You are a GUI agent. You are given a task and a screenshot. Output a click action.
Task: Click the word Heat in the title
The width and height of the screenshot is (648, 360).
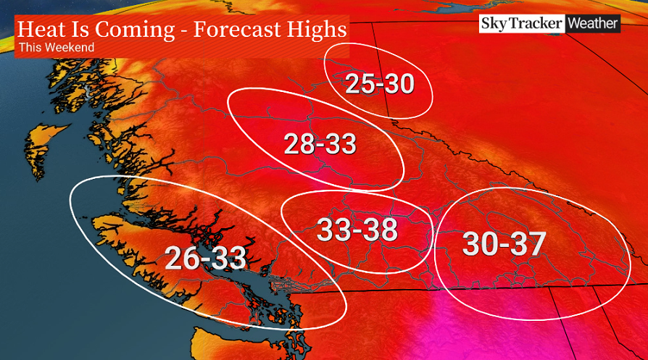coord(40,30)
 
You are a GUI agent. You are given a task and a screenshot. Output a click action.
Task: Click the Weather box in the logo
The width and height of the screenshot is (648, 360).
coord(593,23)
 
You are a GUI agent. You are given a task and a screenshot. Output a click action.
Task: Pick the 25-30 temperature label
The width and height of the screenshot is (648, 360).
coord(379,85)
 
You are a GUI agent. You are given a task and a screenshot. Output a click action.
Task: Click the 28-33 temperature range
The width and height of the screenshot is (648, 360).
coord(320,144)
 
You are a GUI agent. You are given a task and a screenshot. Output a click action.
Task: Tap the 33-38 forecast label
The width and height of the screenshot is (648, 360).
coord(357,230)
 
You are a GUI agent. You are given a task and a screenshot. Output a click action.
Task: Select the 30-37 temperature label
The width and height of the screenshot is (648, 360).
coord(503,244)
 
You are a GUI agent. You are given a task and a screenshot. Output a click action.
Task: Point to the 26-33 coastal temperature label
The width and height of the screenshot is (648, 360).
coord(206,258)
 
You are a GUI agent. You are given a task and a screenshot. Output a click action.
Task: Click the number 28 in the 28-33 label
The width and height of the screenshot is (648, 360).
coord(299,144)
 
